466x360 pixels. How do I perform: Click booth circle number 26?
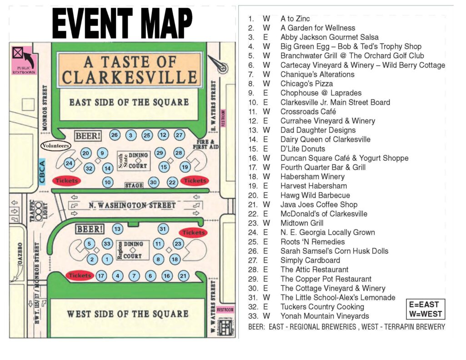tap(115, 135)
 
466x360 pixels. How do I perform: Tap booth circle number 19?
tap(185, 167)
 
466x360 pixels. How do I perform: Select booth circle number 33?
tap(107, 244)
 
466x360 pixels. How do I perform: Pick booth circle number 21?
tap(183, 275)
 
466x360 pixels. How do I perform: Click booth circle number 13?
tap(118, 229)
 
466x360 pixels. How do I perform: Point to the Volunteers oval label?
tap(56, 146)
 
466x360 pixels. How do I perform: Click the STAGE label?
tap(134, 185)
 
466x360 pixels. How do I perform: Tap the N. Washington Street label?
tap(132, 205)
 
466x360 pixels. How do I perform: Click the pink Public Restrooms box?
tap(23, 60)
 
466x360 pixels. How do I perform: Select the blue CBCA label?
tap(42, 172)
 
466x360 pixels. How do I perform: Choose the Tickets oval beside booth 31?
tap(194, 233)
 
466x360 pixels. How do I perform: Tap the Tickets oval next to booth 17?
tap(80, 275)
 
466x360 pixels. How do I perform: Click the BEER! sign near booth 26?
tap(88, 135)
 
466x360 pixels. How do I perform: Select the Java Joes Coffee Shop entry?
tap(319, 205)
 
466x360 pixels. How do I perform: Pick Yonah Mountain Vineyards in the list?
tap(325, 316)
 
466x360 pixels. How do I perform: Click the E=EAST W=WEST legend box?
tap(425, 309)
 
